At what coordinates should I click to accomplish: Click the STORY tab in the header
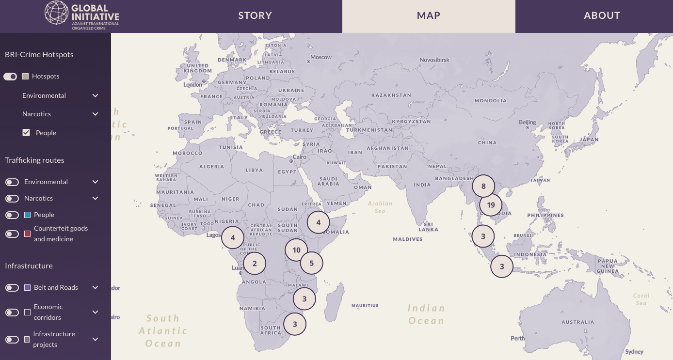[255, 16]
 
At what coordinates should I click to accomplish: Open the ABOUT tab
[602, 16]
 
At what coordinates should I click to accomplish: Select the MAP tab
[429, 16]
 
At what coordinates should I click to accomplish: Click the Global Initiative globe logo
[56, 13]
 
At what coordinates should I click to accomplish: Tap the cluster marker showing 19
[491, 205]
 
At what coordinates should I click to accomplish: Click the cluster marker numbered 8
[483, 186]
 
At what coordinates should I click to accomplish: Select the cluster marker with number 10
[296, 250]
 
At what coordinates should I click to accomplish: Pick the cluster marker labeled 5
[312, 264]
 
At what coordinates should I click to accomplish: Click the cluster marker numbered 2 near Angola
[255, 264]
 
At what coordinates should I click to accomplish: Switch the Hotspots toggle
[10, 77]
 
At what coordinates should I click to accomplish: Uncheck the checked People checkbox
[26, 133]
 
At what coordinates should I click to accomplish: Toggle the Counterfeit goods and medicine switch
[12, 234]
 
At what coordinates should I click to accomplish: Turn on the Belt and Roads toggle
[12, 288]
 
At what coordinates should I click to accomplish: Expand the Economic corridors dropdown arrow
[96, 312]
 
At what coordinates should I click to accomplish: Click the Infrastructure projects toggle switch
[12, 340]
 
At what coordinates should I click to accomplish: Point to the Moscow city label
[320, 57]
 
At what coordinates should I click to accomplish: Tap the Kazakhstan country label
[391, 95]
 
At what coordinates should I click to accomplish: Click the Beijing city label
[528, 122]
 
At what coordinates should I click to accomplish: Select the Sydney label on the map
[634, 352]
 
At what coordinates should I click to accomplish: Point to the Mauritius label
[365, 306]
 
